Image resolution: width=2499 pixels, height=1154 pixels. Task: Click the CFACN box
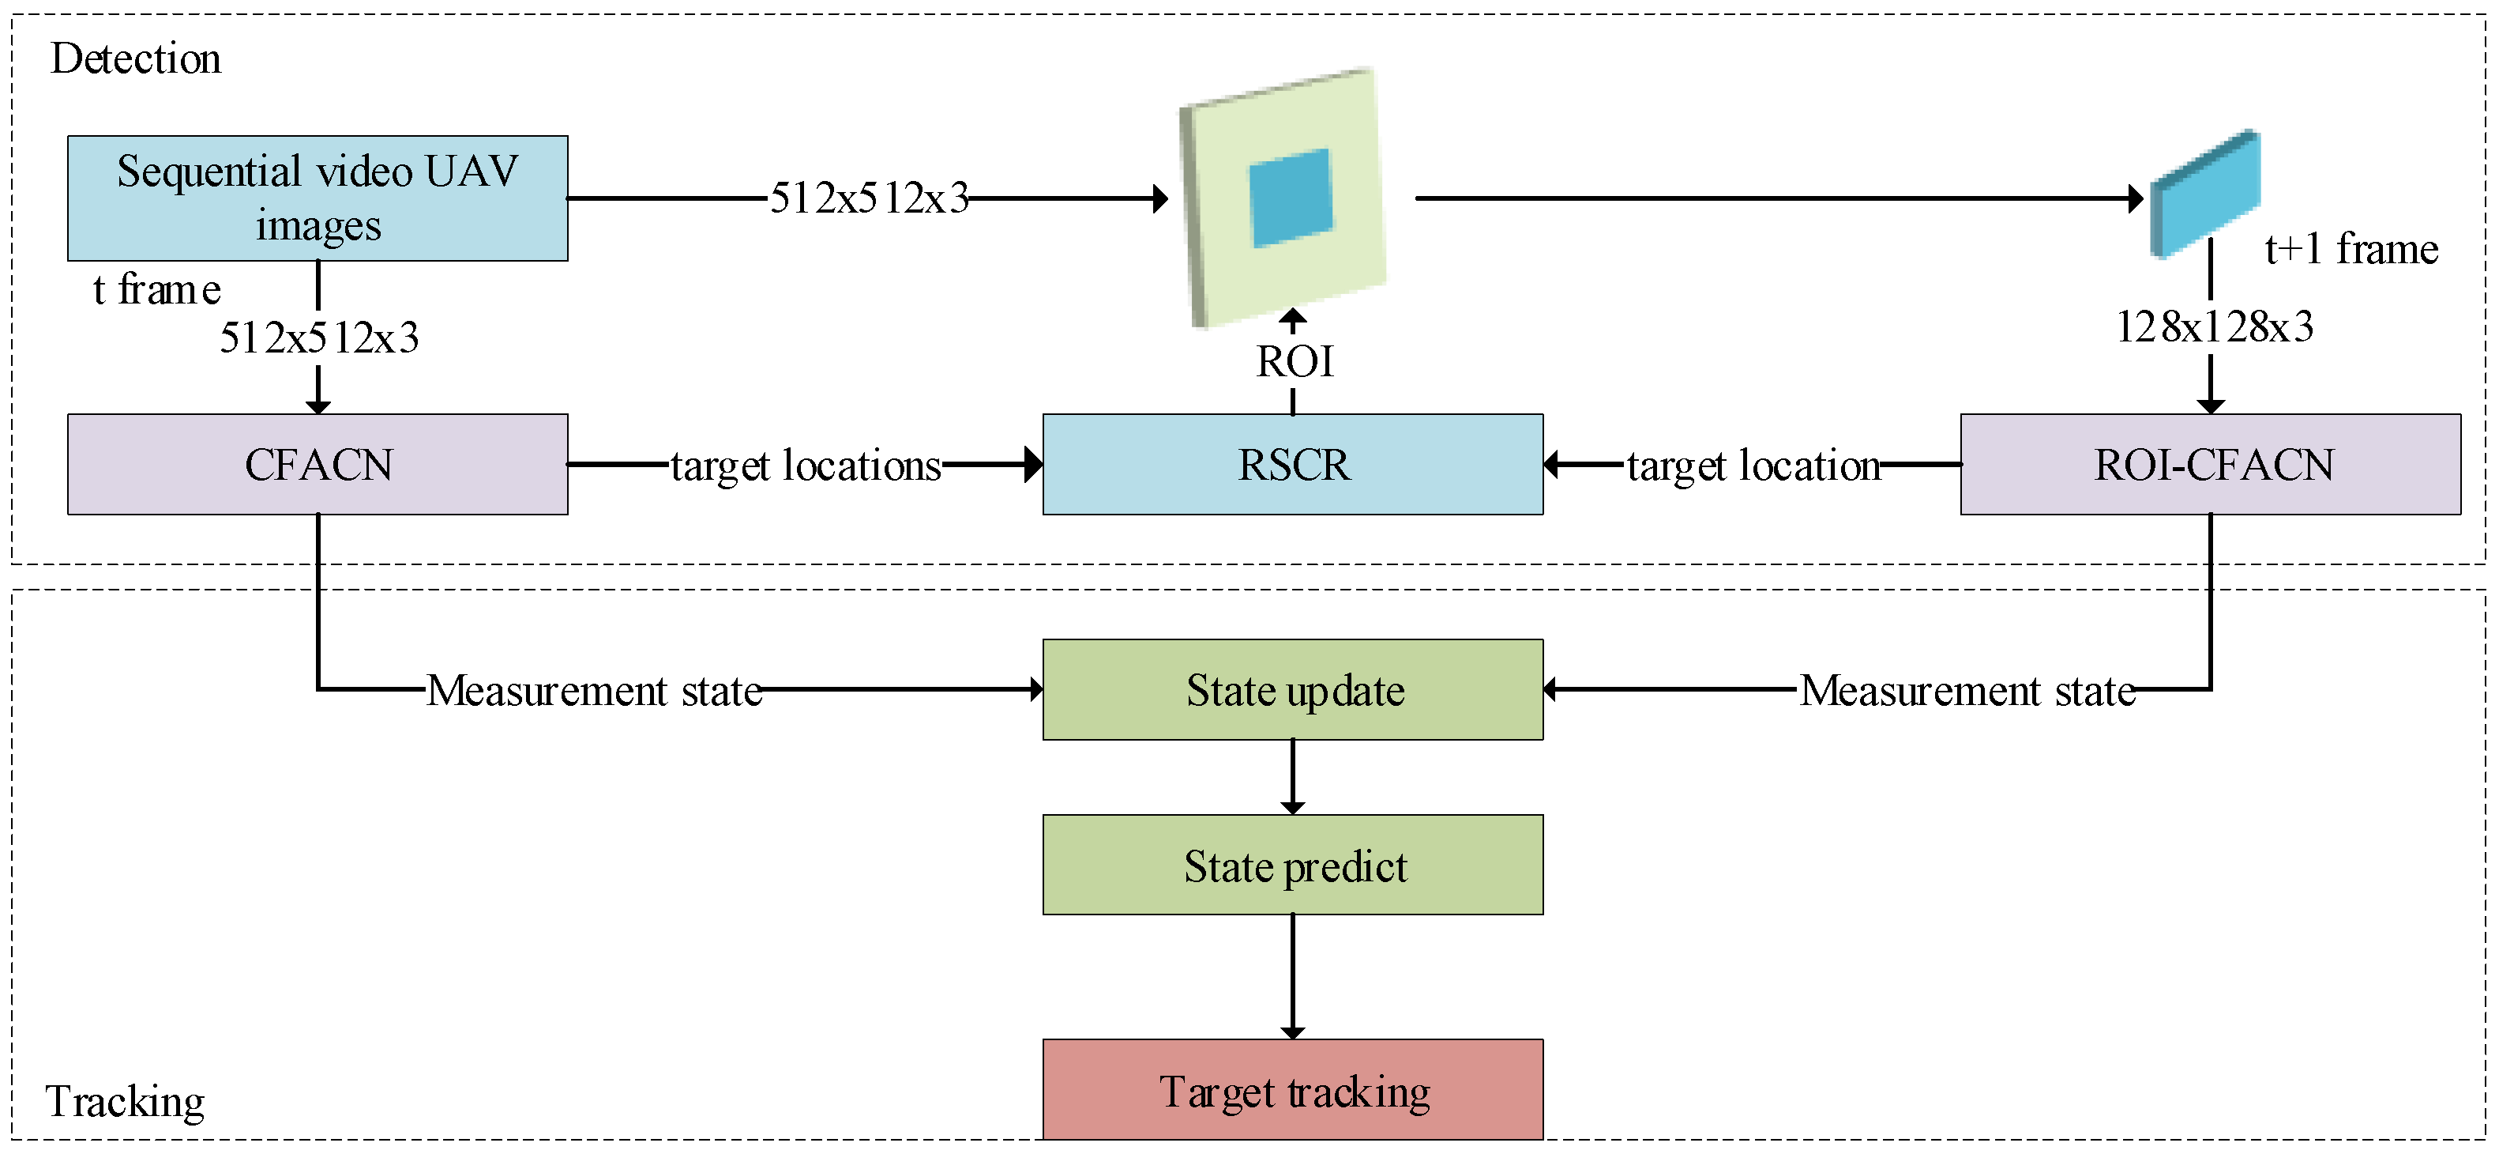point(318,464)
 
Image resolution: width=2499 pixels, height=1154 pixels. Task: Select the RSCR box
point(1292,464)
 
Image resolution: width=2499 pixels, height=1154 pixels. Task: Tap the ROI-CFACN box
point(2211,464)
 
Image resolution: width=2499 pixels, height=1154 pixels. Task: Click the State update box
point(1292,690)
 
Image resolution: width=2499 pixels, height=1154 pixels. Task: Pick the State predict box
point(1292,865)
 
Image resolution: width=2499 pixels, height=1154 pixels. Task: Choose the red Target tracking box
point(1292,1090)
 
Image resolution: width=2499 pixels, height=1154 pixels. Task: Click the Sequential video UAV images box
point(318,198)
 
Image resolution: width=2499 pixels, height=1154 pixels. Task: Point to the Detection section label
point(136,58)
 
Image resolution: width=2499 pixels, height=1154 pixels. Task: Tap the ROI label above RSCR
point(1294,362)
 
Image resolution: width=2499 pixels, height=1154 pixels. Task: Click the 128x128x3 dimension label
point(2214,326)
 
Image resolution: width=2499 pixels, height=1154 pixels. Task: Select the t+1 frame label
point(2351,250)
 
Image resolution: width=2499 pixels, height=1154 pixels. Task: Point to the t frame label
point(156,289)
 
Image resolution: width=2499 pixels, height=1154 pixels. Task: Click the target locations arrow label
point(805,466)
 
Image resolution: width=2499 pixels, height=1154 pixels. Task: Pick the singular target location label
point(1753,466)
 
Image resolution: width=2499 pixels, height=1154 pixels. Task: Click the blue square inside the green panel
point(1291,198)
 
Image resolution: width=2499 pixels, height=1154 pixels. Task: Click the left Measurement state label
point(594,691)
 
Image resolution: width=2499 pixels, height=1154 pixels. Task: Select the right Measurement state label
point(1967,691)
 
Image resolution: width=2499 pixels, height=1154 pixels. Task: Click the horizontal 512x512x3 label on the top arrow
point(870,198)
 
